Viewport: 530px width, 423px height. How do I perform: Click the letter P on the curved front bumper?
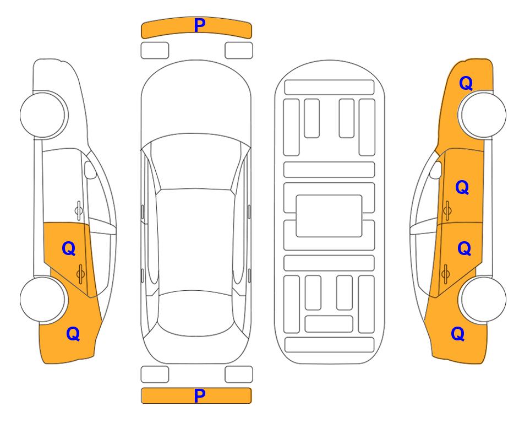coord(199,25)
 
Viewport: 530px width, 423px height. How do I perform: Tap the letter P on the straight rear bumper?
coord(199,395)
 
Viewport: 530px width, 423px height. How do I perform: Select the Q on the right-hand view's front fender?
coord(466,83)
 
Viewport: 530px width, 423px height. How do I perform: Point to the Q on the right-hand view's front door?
coord(462,187)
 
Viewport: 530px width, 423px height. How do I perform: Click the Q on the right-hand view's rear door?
coord(464,248)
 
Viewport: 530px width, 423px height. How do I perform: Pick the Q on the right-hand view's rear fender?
coord(458,334)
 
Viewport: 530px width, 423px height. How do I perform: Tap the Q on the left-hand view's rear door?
coord(69,248)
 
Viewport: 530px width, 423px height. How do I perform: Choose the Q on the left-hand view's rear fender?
coord(73,334)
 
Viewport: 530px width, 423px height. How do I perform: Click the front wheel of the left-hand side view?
coord(43,115)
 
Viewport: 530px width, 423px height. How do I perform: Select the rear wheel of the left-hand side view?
coord(43,299)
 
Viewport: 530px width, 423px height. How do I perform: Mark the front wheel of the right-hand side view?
coord(483,115)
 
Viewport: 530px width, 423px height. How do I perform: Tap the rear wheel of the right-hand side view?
coord(483,299)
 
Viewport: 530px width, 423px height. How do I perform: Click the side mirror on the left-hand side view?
coord(90,170)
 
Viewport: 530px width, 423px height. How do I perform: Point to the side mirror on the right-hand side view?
coord(436,170)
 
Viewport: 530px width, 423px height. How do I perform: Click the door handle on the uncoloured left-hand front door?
coord(78,210)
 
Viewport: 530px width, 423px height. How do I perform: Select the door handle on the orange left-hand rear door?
coord(80,273)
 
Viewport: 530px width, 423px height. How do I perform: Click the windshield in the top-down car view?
coord(196,162)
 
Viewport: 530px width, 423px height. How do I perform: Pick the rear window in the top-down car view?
coord(196,313)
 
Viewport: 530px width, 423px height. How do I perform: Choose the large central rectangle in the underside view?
coord(329,216)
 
